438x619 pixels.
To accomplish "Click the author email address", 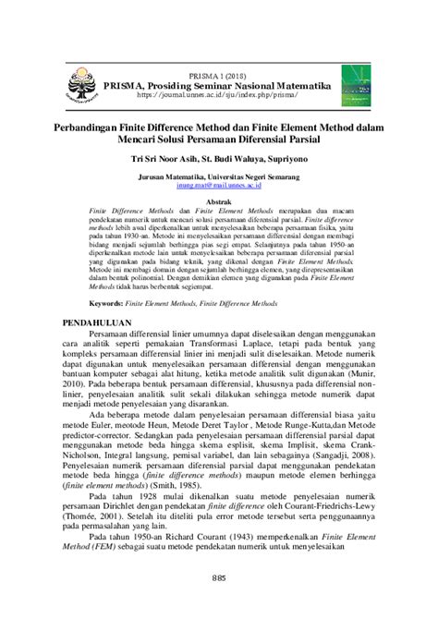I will click(x=218, y=184).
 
